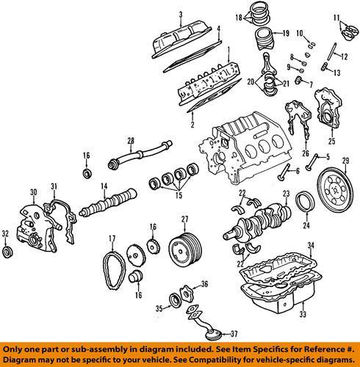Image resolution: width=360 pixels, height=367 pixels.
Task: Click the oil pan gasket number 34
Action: [x=310, y=244]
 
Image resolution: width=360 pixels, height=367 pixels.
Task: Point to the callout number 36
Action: [x=204, y=284]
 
